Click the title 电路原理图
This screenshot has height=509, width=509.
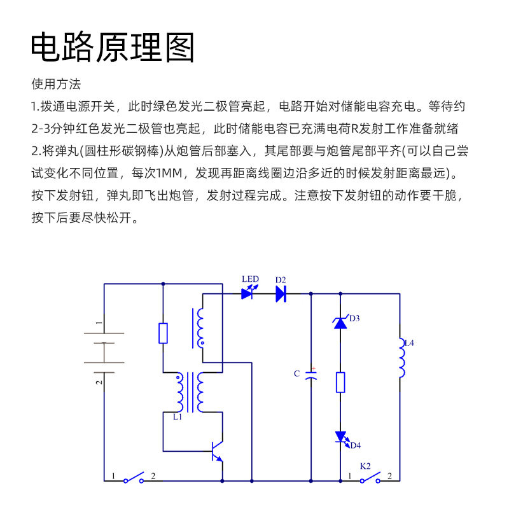click(113, 47)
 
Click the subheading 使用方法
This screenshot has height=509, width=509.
click(56, 84)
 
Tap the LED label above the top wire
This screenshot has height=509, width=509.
click(250, 279)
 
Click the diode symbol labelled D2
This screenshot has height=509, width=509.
click(281, 293)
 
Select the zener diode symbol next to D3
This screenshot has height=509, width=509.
click(340, 323)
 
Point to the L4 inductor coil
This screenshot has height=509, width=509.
click(401, 358)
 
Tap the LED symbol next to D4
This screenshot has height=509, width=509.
click(340, 438)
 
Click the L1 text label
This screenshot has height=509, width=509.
click(178, 417)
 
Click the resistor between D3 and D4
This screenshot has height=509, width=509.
click(340, 382)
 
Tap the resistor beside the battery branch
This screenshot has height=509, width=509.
click(164, 333)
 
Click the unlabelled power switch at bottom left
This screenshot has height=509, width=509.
click(134, 478)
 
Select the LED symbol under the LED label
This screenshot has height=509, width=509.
click(248, 293)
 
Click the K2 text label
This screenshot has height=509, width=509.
click(365, 466)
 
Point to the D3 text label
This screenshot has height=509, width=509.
click(354, 318)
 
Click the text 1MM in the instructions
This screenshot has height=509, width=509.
click(167, 173)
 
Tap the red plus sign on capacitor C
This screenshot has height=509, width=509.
click(313, 368)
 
